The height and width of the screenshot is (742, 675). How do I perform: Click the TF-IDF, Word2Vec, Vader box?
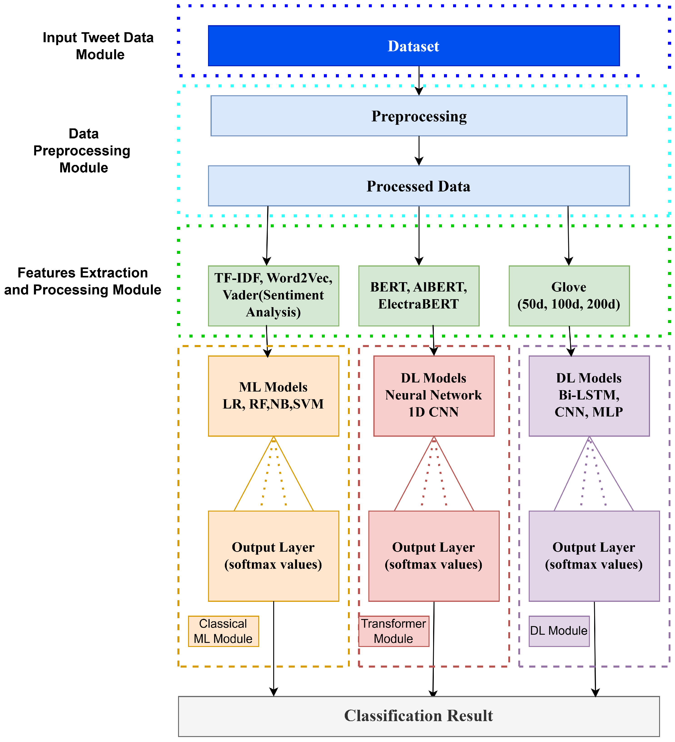pos(273,296)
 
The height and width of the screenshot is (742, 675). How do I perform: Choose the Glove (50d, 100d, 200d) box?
pos(569,296)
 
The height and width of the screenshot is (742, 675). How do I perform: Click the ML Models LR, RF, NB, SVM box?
pos(273,396)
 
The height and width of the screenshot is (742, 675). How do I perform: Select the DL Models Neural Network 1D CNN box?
pos(434,396)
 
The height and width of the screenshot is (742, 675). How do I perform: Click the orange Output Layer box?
pos(273,556)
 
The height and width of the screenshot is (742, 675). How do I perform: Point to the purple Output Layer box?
pos(594,556)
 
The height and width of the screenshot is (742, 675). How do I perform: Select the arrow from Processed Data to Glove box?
pos(568,235)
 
